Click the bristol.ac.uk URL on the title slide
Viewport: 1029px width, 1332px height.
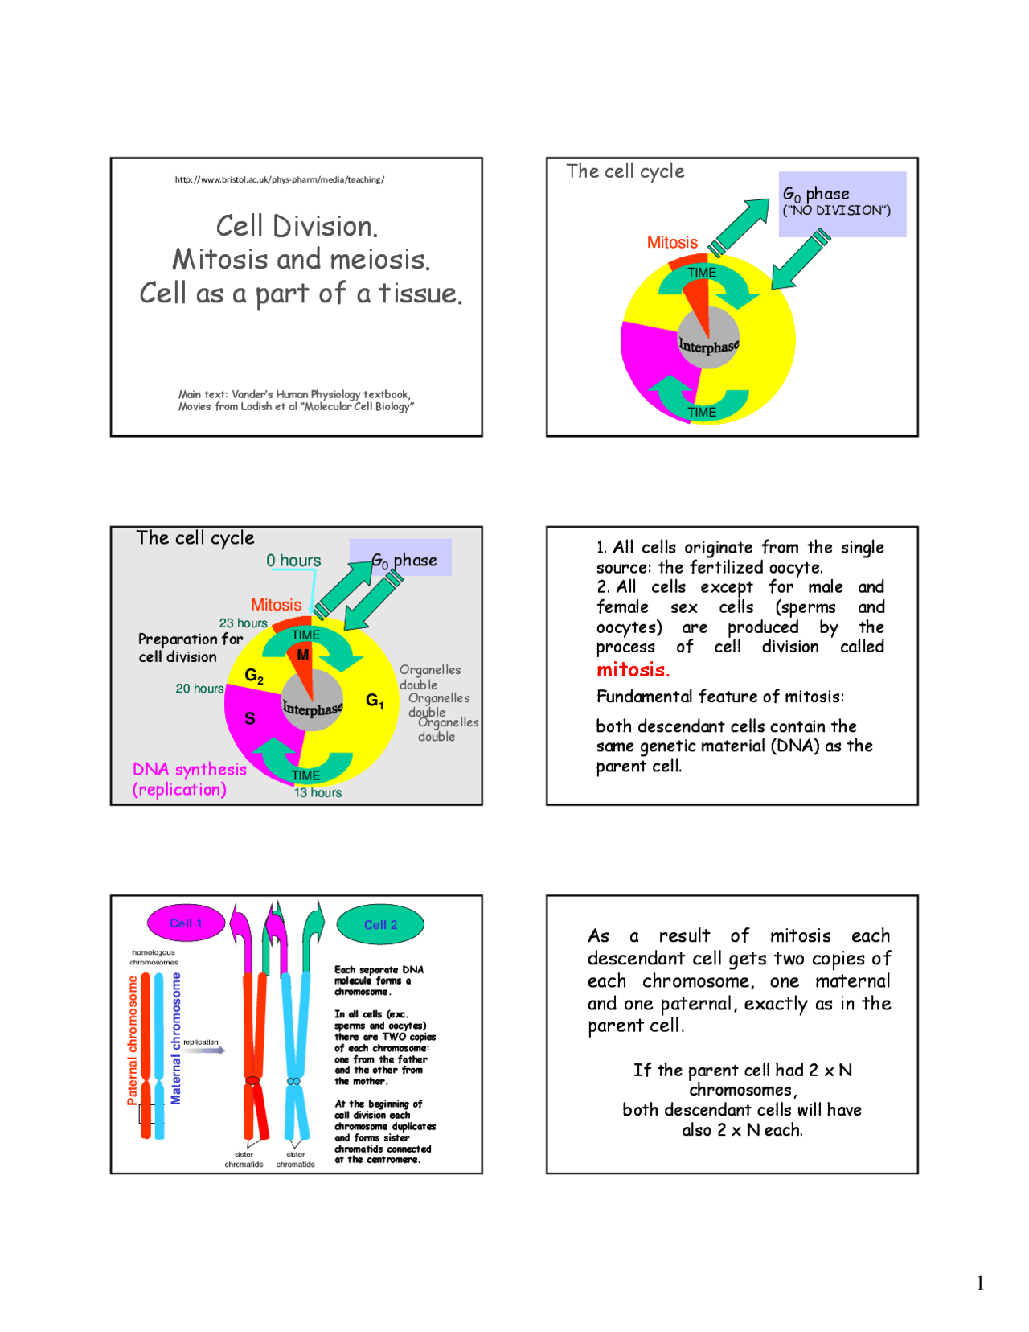pos(279,179)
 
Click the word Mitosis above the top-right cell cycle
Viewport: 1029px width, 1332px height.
pos(672,242)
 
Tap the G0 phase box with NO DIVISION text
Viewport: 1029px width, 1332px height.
pos(842,203)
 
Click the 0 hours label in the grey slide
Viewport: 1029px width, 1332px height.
pos(293,561)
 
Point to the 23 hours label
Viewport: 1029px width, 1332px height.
pos(243,623)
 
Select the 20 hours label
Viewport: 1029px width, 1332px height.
pos(199,689)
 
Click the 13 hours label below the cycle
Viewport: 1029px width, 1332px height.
pos(318,792)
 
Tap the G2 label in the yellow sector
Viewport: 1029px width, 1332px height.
pos(254,676)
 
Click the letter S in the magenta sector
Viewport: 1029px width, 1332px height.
pos(250,718)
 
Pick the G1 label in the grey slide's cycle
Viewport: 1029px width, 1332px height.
pos(375,701)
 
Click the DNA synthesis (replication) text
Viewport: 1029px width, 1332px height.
pos(189,779)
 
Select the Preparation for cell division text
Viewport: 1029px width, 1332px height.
pos(190,647)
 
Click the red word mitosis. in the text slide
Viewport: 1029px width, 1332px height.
pos(633,670)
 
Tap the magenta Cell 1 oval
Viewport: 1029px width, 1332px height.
pos(186,923)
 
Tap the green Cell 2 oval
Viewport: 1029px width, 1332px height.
pos(380,924)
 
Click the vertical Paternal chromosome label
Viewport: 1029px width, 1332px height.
pos(133,1040)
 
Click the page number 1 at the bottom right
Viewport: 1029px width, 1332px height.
pos(979,1284)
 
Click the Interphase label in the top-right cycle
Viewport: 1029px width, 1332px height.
pos(708,346)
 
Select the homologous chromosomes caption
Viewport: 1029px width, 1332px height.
pos(154,957)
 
